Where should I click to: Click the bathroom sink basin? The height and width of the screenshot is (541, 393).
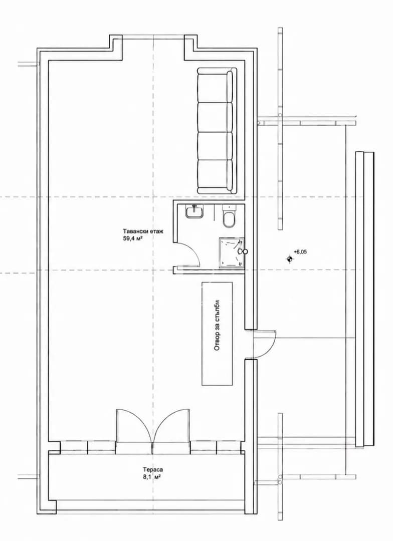click(x=194, y=211)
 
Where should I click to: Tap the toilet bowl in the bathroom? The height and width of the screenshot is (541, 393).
click(x=229, y=220)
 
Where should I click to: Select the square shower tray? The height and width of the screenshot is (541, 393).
click(x=232, y=252)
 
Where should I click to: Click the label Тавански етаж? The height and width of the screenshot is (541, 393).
click(x=142, y=231)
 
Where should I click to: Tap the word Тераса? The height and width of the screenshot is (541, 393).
click(x=153, y=469)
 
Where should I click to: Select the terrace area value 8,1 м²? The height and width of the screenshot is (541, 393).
click(x=153, y=476)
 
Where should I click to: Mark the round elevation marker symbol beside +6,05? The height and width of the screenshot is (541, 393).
click(x=289, y=259)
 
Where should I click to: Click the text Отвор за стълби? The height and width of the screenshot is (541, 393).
click(x=217, y=325)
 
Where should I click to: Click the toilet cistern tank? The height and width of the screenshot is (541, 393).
click(x=229, y=208)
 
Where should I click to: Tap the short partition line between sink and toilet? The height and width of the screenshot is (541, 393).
click(x=215, y=212)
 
